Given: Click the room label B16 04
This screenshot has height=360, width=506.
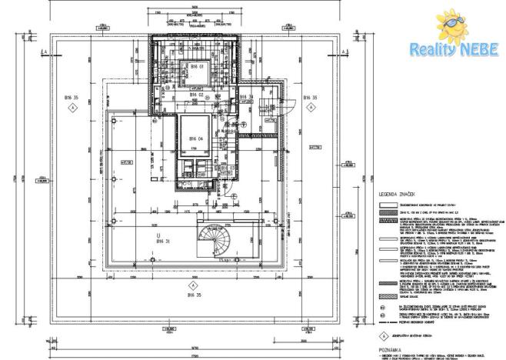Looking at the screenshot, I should pyautogui.click(x=195, y=138).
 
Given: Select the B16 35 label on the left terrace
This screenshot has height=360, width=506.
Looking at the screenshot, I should pyautogui.click(x=72, y=98).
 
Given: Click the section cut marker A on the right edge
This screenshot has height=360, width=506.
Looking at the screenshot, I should pyautogui.click(x=337, y=51).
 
